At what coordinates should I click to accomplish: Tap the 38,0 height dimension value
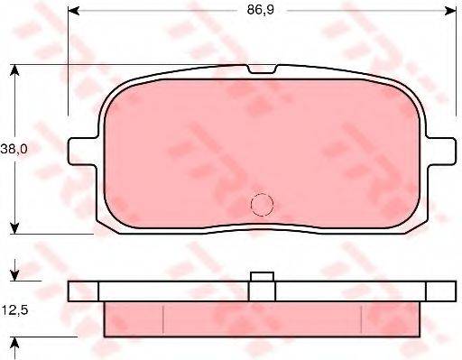pos(15,152)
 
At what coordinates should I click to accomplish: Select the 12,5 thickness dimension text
pos(15,310)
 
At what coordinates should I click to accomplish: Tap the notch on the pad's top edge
pos(262,70)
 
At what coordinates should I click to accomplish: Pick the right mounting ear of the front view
pos(441,150)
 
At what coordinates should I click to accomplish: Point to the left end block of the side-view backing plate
pos(83,291)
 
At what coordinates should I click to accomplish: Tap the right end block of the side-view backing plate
pos(441,291)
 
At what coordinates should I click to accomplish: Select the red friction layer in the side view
pos(262,316)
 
